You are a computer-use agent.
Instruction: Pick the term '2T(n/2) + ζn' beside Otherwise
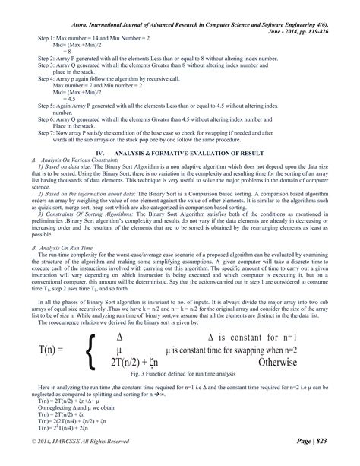[139, 363]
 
